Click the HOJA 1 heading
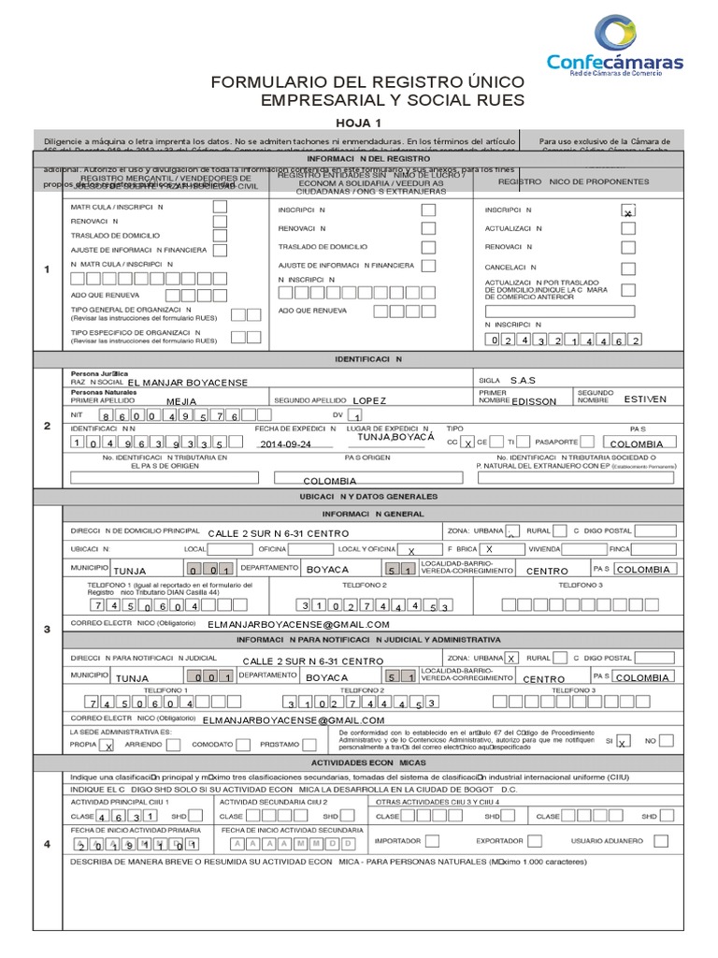click(x=360, y=123)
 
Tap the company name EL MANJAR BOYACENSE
click(x=187, y=383)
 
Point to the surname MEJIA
click(x=181, y=400)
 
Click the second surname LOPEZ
click(x=369, y=399)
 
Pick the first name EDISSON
click(x=533, y=400)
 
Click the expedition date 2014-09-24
click(x=285, y=444)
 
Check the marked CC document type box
click(x=467, y=443)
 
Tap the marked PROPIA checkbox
click(x=108, y=746)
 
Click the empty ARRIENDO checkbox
click(x=173, y=746)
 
